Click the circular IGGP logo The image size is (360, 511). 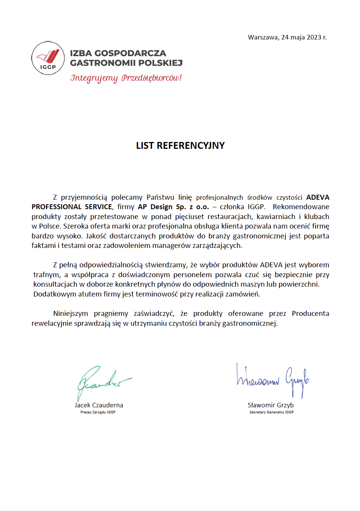click(48, 58)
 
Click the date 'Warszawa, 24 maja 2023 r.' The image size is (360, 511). click(287, 37)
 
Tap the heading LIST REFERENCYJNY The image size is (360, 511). click(180, 146)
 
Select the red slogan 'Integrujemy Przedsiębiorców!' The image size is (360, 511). click(126, 78)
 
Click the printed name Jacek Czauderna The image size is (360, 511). click(99, 405)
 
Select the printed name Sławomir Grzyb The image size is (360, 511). click(270, 405)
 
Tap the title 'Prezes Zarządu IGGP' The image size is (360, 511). click(98, 412)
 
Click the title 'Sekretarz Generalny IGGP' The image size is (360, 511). click(272, 412)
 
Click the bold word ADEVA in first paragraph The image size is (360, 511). click(318, 197)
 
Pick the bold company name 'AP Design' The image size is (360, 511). click(155, 207)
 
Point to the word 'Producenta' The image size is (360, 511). click(310, 314)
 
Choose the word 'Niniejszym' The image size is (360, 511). click(71, 314)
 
